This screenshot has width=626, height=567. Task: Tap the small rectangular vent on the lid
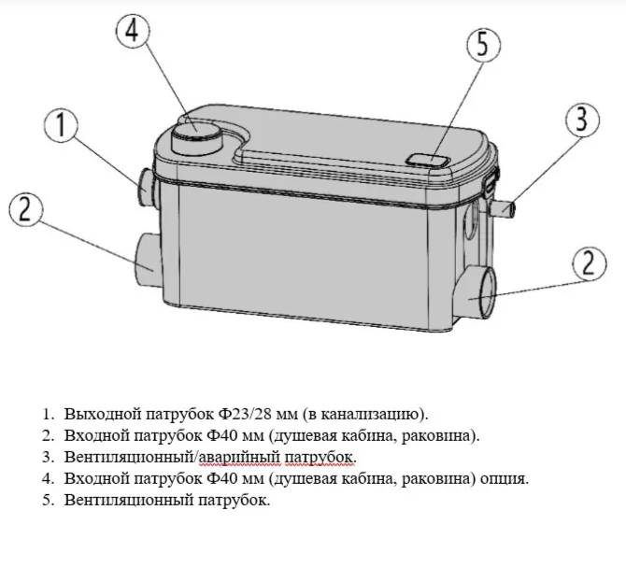tap(428, 161)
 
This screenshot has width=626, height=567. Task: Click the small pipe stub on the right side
tap(504, 209)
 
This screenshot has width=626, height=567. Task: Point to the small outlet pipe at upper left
tap(147, 187)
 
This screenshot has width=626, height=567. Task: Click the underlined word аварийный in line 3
tap(239, 458)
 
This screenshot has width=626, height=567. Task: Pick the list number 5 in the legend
tap(47, 500)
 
